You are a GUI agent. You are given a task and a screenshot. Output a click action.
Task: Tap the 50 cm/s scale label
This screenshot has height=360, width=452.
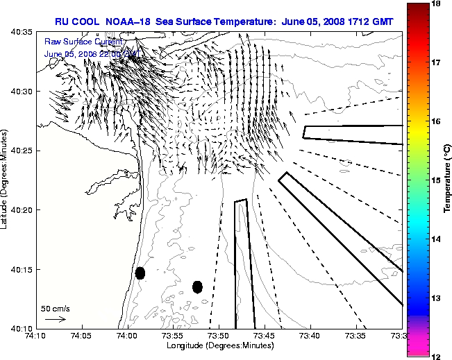coord(56,308)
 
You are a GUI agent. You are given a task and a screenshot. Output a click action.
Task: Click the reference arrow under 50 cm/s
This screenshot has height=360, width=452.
coord(55,319)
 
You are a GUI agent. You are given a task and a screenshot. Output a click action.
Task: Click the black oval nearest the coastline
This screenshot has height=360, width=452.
coord(140,273)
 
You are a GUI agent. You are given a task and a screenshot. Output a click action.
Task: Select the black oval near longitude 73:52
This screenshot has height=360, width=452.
coord(197,286)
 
